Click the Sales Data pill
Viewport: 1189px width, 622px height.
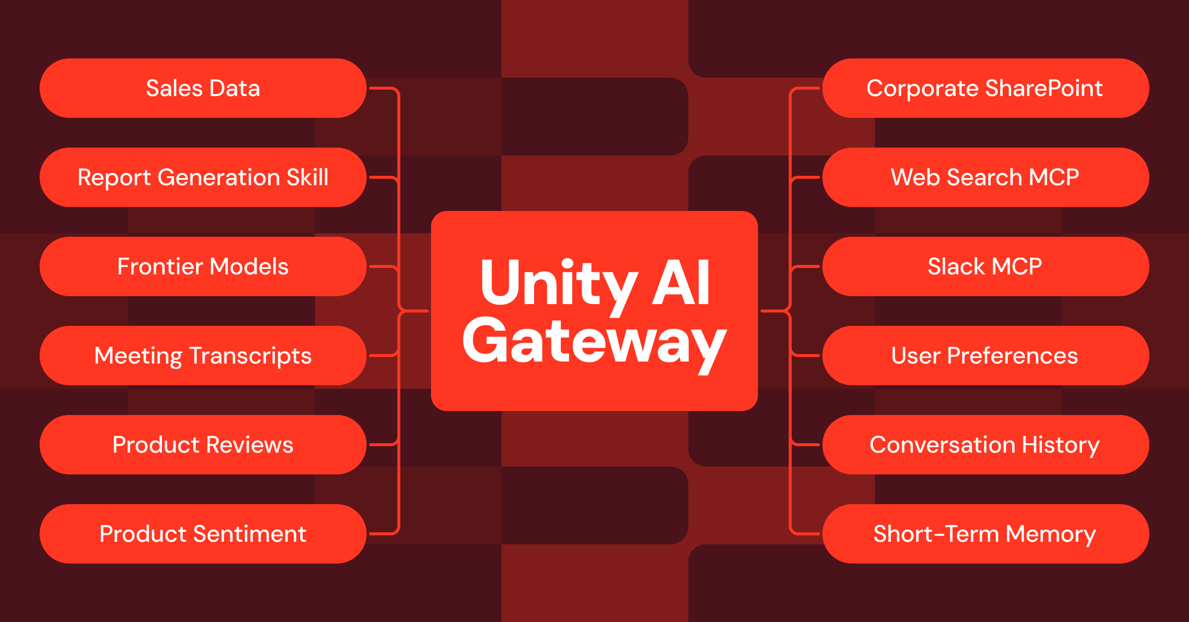click(203, 88)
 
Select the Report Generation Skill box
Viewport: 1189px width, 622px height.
click(203, 177)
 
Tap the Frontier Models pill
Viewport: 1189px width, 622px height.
click(203, 266)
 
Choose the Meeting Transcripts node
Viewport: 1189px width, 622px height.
click(203, 356)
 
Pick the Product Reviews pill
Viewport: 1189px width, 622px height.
click(203, 445)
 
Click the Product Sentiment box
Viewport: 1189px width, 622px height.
click(203, 534)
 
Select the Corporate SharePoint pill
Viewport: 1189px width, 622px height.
click(985, 88)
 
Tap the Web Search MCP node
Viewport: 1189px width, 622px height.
click(985, 177)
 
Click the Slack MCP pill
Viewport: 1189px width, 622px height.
click(985, 266)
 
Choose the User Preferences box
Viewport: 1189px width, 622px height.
click(985, 356)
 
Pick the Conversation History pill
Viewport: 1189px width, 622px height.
click(985, 445)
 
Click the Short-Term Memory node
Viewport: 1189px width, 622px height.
click(985, 534)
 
